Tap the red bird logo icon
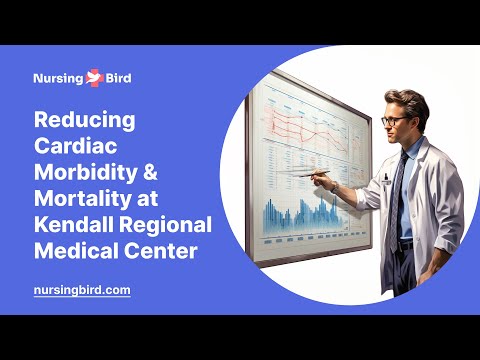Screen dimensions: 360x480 [x=96, y=76]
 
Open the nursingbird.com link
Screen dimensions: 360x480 [x=82, y=290]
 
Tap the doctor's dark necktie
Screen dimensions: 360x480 [x=399, y=190]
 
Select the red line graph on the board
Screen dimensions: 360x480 [x=300, y=125]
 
